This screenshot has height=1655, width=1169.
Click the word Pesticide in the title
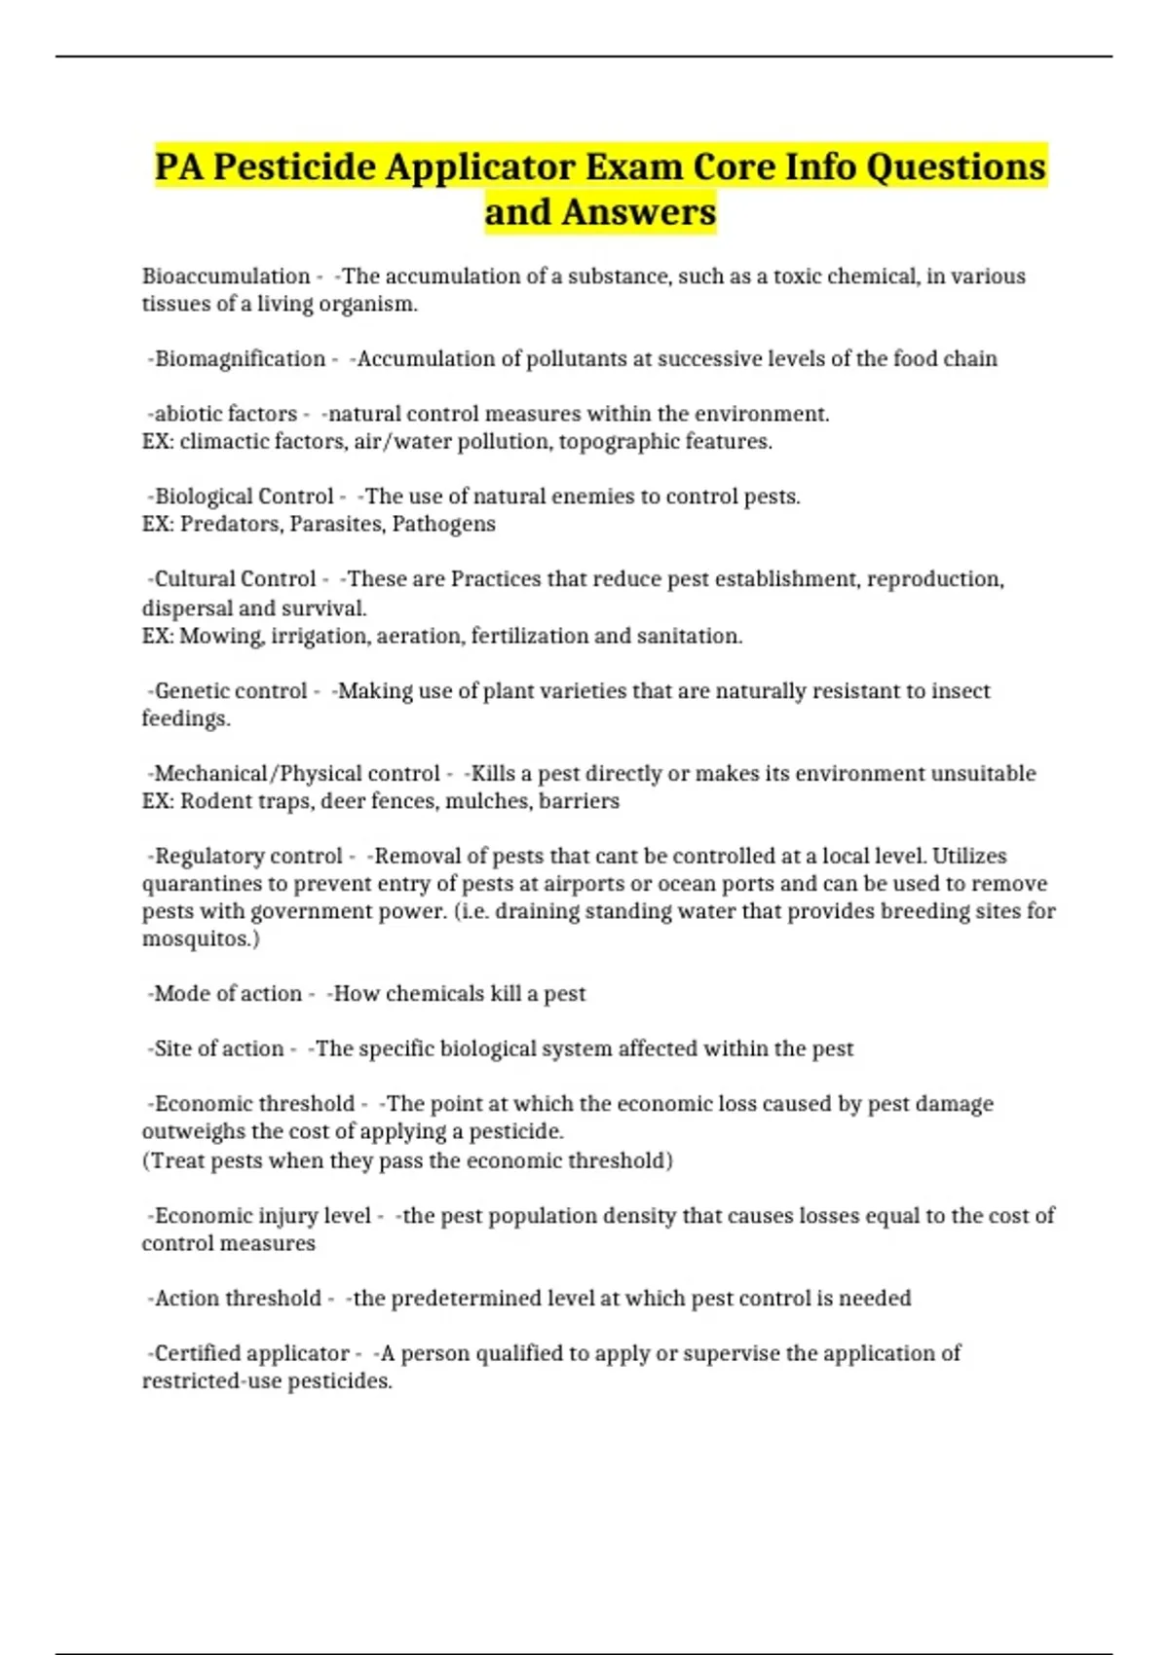[x=294, y=167]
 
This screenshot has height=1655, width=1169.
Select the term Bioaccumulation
[x=226, y=276]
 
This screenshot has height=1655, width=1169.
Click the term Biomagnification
[x=240, y=359]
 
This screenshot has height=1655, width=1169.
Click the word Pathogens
[x=443, y=525]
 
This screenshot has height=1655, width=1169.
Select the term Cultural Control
[x=235, y=579]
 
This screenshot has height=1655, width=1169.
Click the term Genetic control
[x=231, y=691]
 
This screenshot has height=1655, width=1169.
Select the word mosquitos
[x=198, y=939]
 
